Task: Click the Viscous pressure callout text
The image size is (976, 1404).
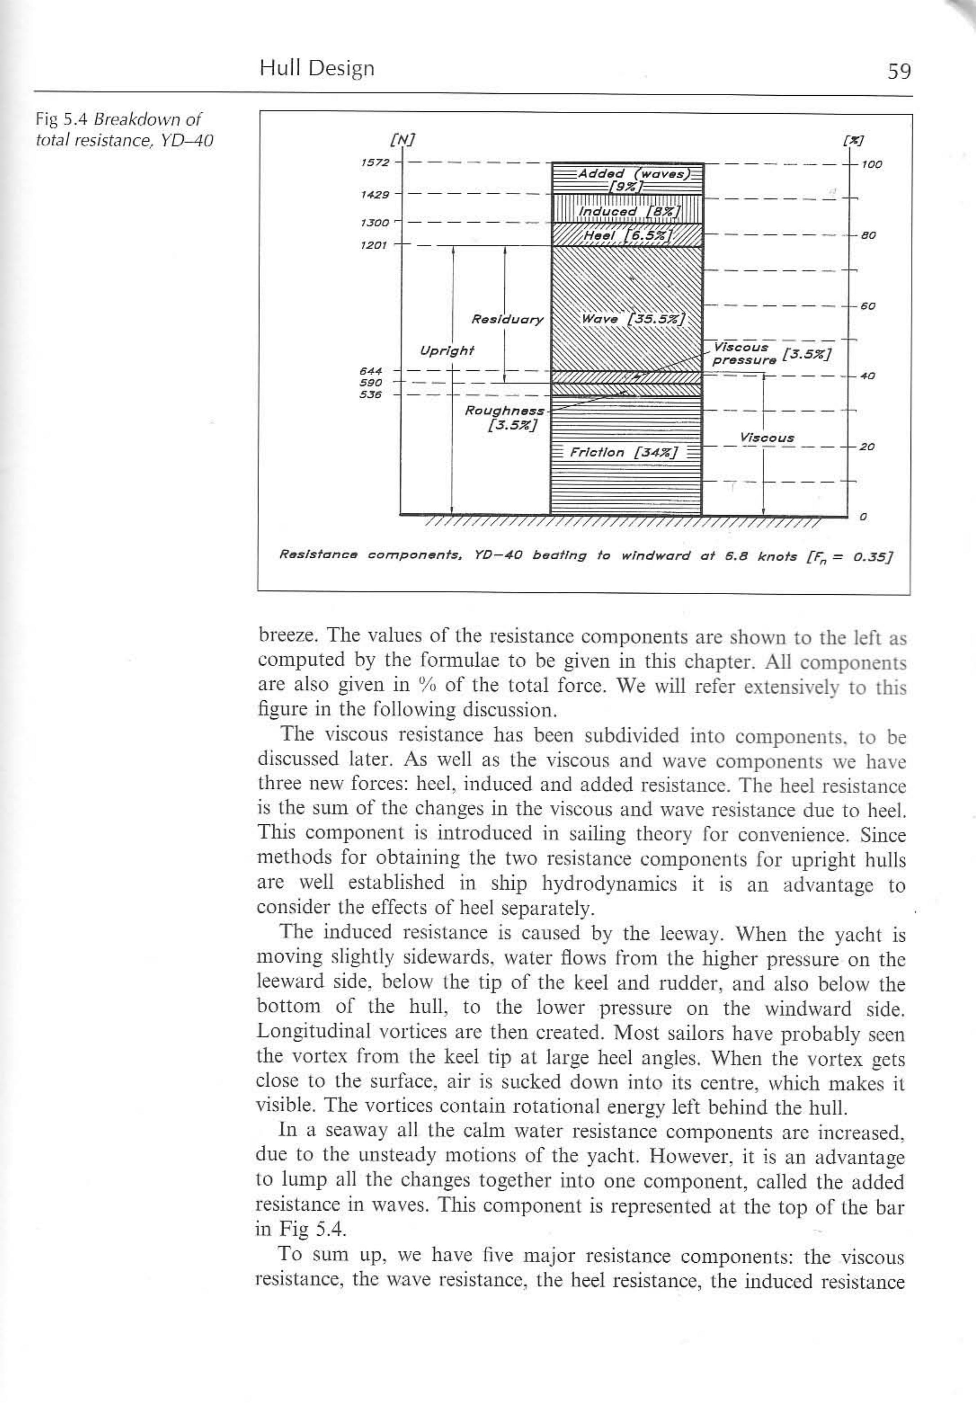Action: [x=743, y=353]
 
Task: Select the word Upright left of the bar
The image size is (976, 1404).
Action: [x=447, y=351]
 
